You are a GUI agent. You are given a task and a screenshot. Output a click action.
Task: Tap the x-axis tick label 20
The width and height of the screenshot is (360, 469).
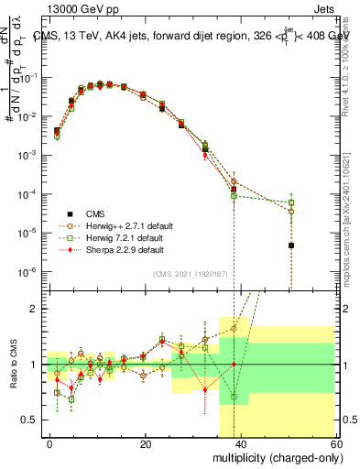pos(146,443)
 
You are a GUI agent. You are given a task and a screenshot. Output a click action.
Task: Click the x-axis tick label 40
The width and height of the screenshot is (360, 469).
pos(241,443)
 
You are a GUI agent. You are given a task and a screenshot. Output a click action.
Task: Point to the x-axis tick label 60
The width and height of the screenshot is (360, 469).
pos(335,443)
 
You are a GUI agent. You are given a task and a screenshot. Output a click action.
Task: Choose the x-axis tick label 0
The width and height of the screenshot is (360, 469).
pos(50,443)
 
